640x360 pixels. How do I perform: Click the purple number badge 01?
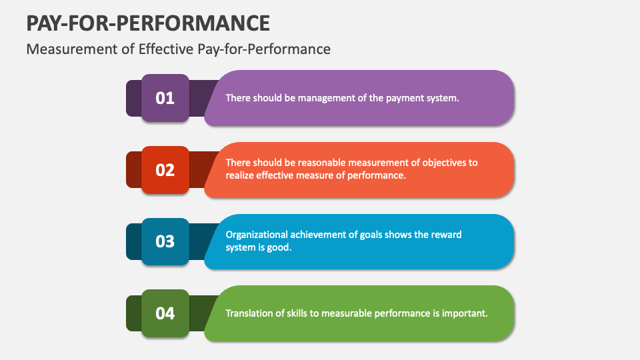165,98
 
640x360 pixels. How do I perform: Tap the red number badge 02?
165,170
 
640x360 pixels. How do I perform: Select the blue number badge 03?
165,241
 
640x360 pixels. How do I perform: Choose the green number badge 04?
165,313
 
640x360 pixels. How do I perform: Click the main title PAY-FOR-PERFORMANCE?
148,23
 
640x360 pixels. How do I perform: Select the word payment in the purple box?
404,98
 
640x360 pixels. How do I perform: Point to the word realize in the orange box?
241,176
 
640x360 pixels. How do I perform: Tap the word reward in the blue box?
446,235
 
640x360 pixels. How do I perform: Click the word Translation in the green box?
251,313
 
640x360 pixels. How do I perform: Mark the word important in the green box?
465,313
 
